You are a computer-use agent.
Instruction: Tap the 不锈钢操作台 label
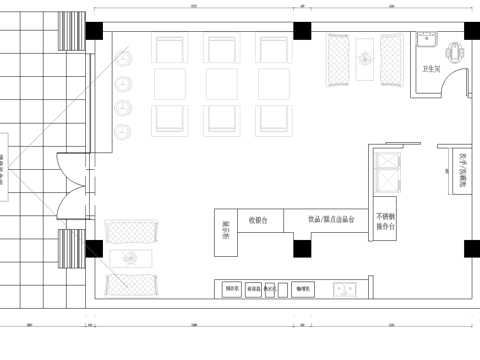(386, 221)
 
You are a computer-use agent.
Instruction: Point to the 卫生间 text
(432, 69)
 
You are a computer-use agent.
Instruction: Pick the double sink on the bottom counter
(348, 290)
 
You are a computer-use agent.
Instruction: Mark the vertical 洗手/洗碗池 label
(463, 172)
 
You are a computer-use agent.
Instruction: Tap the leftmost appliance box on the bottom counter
(233, 290)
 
